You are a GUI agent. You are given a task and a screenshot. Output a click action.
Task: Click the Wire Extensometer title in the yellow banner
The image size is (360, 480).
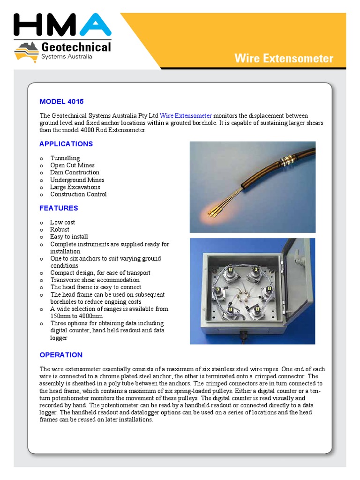[284, 59]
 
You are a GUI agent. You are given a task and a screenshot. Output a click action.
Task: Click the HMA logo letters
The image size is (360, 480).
[63, 25]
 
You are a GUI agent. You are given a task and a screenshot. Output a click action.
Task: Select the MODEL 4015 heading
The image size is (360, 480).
[61, 101]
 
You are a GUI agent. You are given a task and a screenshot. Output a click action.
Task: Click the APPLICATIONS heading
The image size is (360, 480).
[66, 144]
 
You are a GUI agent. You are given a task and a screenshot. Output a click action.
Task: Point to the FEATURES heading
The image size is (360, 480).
[59, 208]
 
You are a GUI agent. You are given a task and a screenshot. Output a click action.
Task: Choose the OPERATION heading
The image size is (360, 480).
[61, 355]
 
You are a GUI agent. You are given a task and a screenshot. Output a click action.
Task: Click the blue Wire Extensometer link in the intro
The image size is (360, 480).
[186, 116]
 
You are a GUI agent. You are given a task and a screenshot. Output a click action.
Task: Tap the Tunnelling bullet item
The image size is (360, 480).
[65, 158]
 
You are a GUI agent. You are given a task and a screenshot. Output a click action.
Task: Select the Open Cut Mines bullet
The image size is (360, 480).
[72, 165]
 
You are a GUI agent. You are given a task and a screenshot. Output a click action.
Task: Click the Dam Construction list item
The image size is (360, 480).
[75, 172]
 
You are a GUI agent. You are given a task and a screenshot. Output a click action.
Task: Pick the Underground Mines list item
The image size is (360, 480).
[77, 180]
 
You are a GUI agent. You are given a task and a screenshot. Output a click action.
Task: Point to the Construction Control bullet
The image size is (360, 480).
[78, 194]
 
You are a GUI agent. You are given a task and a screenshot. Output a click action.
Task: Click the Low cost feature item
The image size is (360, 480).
[62, 222]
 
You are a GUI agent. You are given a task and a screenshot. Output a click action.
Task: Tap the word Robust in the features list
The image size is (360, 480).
[60, 229]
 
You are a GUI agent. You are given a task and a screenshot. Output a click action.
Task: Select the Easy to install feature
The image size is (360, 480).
[69, 237]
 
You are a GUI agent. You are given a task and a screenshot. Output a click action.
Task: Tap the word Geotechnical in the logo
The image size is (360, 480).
[76, 47]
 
